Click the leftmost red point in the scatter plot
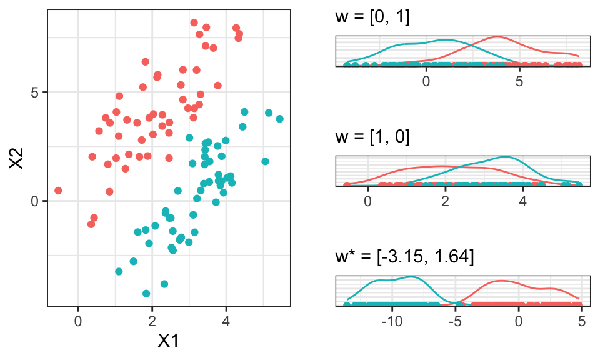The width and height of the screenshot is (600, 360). (58, 191)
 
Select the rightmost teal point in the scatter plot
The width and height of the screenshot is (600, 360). (279, 119)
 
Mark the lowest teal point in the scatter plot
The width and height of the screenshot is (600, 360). (146, 293)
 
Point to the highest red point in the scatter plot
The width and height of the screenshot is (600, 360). (194, 22)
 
